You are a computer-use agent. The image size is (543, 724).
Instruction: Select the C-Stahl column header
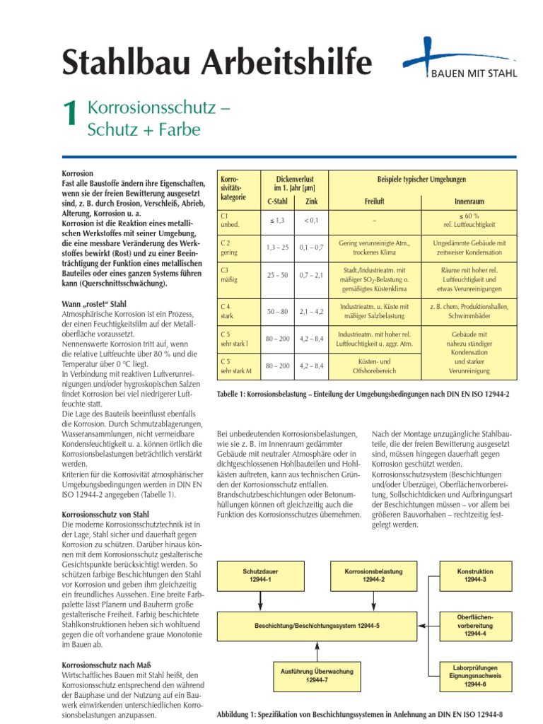pyautogui.click(x=276, y=202)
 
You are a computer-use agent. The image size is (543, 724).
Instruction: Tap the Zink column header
pyautogui.click(x=311, y=202)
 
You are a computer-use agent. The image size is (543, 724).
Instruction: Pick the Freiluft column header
pyautogui.click(x=374, y=202)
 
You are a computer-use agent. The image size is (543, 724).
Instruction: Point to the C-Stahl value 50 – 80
pyautogui.click(x=276, y=310)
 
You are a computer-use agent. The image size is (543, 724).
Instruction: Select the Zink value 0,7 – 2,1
pyautogui.click(x=311, y=275)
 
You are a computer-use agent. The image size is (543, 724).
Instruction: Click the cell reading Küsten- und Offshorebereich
pyautogui.click(x=374, y=366)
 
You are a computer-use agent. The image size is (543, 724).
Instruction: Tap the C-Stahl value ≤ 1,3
pyautogui.click(x=276, y=221)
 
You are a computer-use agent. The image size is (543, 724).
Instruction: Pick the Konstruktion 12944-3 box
pyautogui.click(x=475, y=575)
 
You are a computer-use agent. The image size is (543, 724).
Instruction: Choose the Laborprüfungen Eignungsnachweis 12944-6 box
pyautogui.click(x=475, y=675)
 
